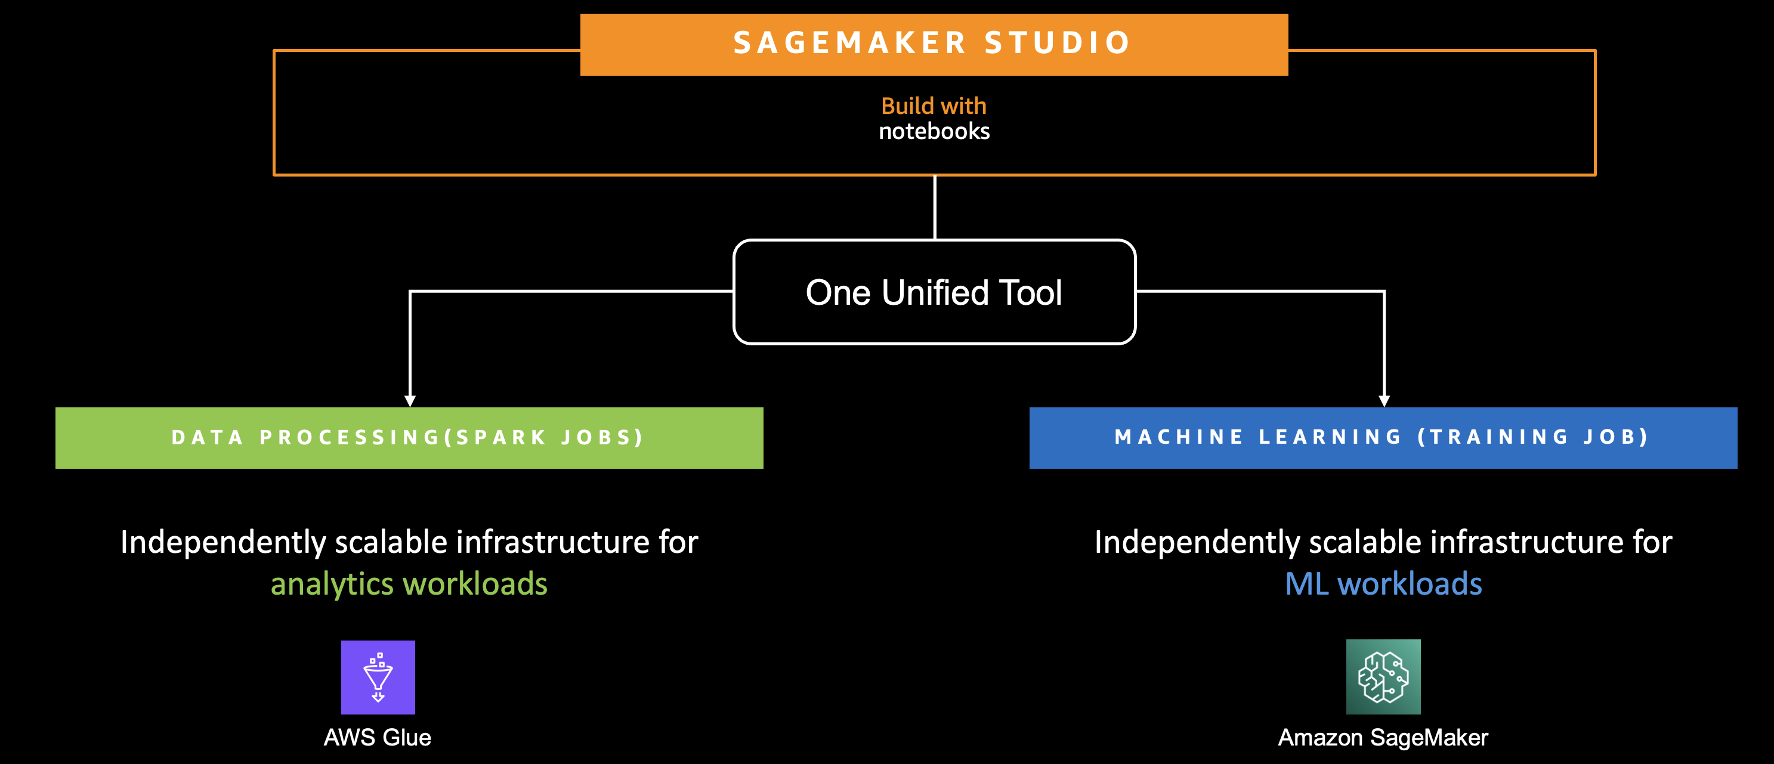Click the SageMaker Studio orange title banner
[x=934, y=44]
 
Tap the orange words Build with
[x=934, y=106]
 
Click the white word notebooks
[x=934, y=131]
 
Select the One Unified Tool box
[x=935, y=292]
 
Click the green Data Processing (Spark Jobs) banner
[x=409, y=438]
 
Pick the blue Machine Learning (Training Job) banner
[x=1383, y=438]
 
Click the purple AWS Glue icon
[x=378, y=678]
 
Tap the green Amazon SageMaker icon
[x=1383, y=676]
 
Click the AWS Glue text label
[x=378, y=737]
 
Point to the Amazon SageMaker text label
[x=1383, y=737]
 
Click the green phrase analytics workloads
[x=409, y=584]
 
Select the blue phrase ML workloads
[x=1383, y=584]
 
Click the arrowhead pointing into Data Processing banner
[x=410, y=401]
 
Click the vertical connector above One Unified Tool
[x=935, y=207]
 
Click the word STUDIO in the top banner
[x=1058, y=43]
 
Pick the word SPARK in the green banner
[x=501, y=437]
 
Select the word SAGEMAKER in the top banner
[x=850, y=43]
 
